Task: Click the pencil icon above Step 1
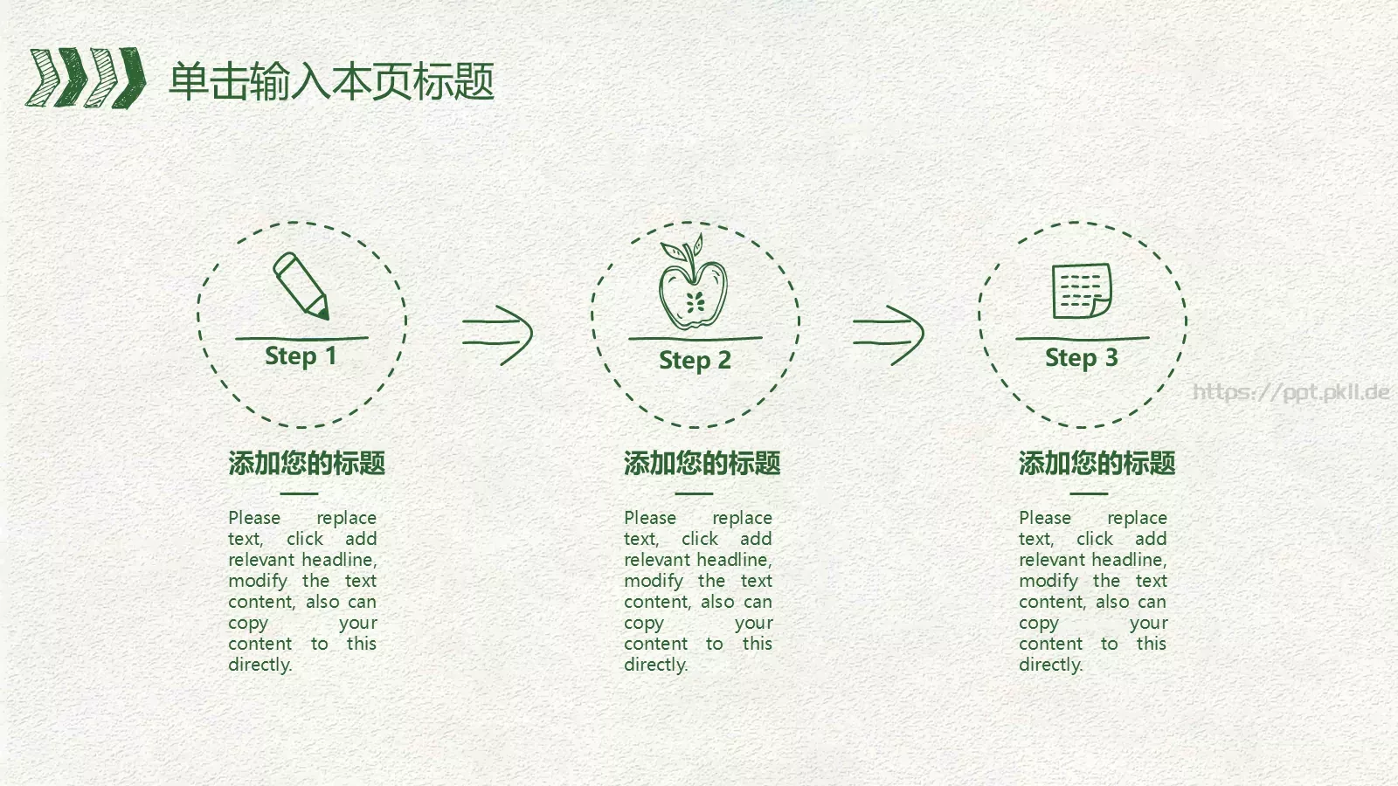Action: [x=301, y=286]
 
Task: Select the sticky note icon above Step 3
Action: [x=1082, y=291]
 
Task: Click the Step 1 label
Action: [x=301, y=356]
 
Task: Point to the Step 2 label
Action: [x=695, y=360]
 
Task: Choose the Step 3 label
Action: [x=1081, y=357]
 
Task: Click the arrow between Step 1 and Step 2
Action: [x=497, y=334]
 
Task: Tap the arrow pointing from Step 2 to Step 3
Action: [x=888, y=334]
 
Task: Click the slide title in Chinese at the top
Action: [x=331, y=81]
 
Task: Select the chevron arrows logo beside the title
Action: [x=86, y=78]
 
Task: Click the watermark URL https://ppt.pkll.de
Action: [x=1291, y=392]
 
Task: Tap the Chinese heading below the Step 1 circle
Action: [x=307, y=463]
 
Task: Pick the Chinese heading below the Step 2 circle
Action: [x=702, y=463]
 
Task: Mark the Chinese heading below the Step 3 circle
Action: [x=1097, y=463]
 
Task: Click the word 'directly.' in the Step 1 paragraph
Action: [x=260, y=665]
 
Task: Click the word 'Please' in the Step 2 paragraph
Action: [x=650, y=518]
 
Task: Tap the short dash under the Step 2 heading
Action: [x=694, y=493]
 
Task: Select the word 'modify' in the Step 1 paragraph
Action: [x=258, y=582]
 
